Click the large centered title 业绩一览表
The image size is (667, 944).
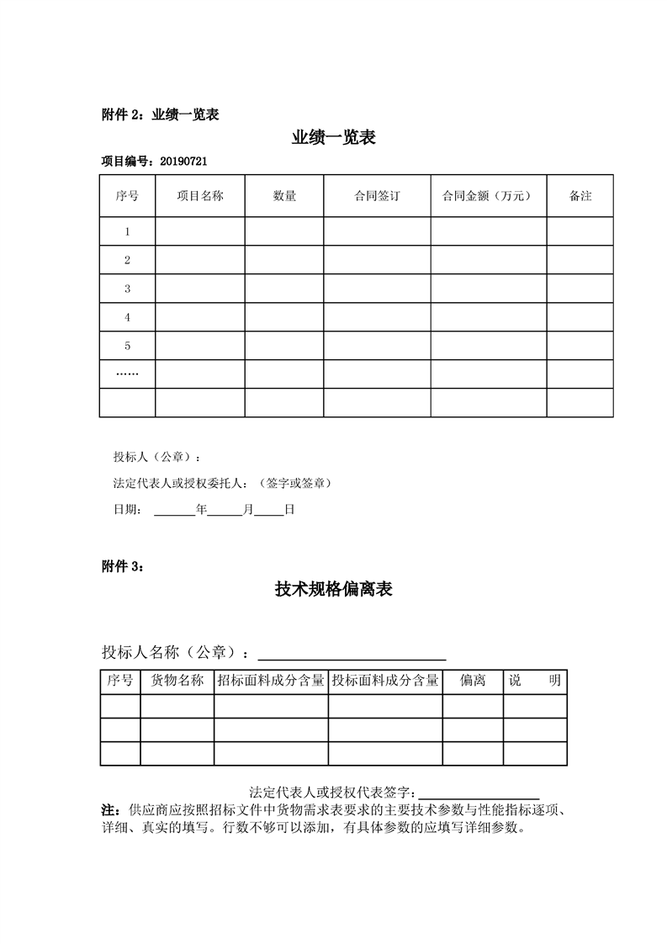tap(333, 138)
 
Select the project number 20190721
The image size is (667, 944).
tap(183, 161)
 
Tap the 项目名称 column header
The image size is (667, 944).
tap(199, 196)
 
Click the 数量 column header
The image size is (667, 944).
tap(284, 196)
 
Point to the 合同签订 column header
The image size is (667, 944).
tap(377, 196)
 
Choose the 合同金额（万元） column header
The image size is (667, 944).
tap(488, 196)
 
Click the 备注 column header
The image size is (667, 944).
tap(580, 196)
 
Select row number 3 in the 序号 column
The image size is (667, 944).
tap(127, 289)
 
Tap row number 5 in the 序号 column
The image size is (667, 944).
tap(127, 346)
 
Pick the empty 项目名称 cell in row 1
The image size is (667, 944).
tap(199, 231)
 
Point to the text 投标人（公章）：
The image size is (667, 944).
tap(157, 458)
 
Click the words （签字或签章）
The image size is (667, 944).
tap(295, 483)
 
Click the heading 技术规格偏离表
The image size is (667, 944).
tap(333, 590)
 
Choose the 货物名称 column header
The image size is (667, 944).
tap(177, 681)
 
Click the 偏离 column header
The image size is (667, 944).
tap(473, 681)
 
